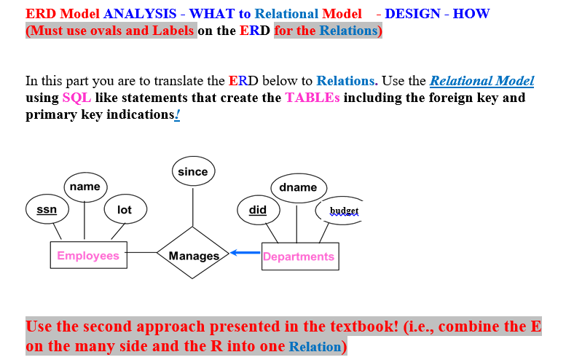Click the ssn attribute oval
click(x=47, y=210)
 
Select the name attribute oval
click(x=85, y=187)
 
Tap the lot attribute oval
click(x=125, y=210)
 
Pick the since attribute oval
click(x=192, y=172)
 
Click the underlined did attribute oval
click(x=258, y=210)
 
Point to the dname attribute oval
click(x=298, y=187)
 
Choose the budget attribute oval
click(x=344, y=211)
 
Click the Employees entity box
click(x=88, y=256)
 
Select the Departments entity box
click(x=299, y=257)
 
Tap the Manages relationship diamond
click(x=193, y=255)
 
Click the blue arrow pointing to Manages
click(x=245, y=254)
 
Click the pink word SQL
click(x=76, y=98)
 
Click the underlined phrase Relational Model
click(x=481, y=81)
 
